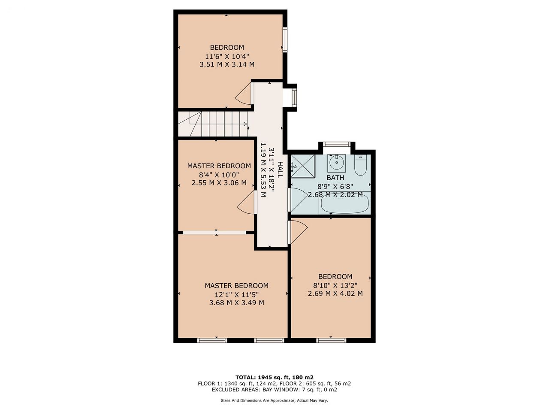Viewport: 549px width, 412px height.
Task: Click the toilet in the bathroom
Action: coord(360,165)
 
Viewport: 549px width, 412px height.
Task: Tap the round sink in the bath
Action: coord(336,163)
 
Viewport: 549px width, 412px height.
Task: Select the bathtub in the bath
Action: coord(345,203)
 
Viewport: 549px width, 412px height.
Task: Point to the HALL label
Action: coord(280,170)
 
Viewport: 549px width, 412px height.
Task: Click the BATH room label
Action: coord(335,178)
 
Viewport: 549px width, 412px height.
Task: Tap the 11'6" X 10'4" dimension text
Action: coord(227,56)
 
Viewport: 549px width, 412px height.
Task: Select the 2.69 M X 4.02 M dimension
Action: coord(335,293)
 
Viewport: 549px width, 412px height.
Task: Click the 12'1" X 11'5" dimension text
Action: coord(237,294)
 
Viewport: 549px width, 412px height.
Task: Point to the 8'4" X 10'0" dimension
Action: coord(219,174)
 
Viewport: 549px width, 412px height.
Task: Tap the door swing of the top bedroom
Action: coord(243,94)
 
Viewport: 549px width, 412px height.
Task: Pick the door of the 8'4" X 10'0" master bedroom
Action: coord(246,203)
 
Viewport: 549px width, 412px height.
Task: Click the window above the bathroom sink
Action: coord(336,144)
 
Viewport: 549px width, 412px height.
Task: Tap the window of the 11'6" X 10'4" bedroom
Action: coord(285,40)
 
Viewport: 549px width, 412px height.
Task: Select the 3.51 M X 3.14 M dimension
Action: coord(227,64)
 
